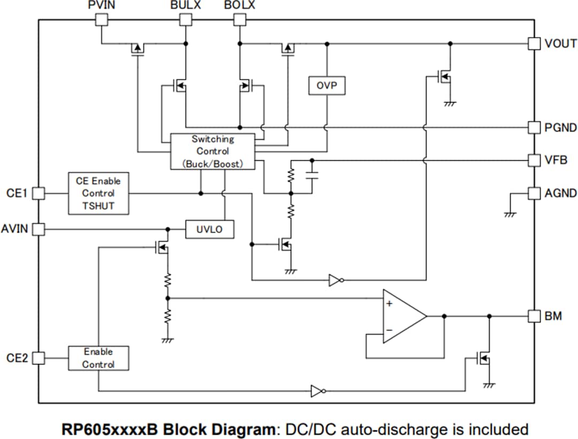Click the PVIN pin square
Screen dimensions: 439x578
[101, 20]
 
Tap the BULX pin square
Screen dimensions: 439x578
[185, 20]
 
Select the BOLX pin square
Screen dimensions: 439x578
[240, 20]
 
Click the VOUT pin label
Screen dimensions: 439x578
[560, 44]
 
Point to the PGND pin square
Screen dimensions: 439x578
[534, 127]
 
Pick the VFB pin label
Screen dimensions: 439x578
[556, 160]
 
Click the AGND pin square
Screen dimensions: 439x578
[534, 193]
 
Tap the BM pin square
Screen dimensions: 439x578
[534, 316]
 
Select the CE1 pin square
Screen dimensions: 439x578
[39, 193]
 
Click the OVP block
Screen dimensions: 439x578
[326, 86]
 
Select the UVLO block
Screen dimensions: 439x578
[209, 229]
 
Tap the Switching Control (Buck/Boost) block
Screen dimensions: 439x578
[212, 151]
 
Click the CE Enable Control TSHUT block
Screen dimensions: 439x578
[98, 193]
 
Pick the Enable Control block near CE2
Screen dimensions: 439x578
[98, 358]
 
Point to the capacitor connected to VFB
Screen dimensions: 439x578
[312, 175]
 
